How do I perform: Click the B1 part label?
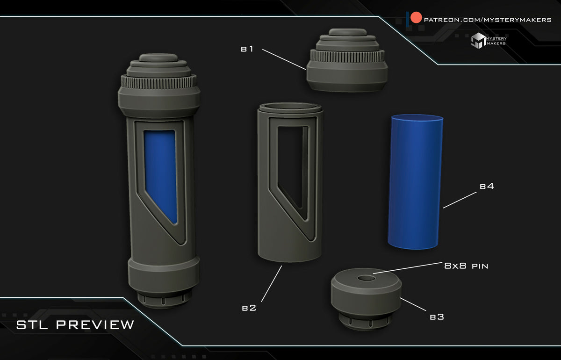click(247, 49)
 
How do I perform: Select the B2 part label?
click(249, 308)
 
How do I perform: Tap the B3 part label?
click(436, 317)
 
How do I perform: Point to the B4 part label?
click(487, 187)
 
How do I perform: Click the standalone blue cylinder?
click(415, 182)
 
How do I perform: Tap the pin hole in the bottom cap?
click(366, 279)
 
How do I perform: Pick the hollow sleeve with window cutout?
click(290, 182)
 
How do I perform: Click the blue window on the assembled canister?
click(160, 173)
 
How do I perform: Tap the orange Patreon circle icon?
click(416, 19)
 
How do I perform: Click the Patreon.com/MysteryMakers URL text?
click(487, 20)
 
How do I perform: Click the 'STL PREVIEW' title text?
click(75, 324)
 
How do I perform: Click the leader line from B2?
click(271, 283)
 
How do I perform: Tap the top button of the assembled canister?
click(159, 58)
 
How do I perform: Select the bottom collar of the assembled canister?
click(162, 276)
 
